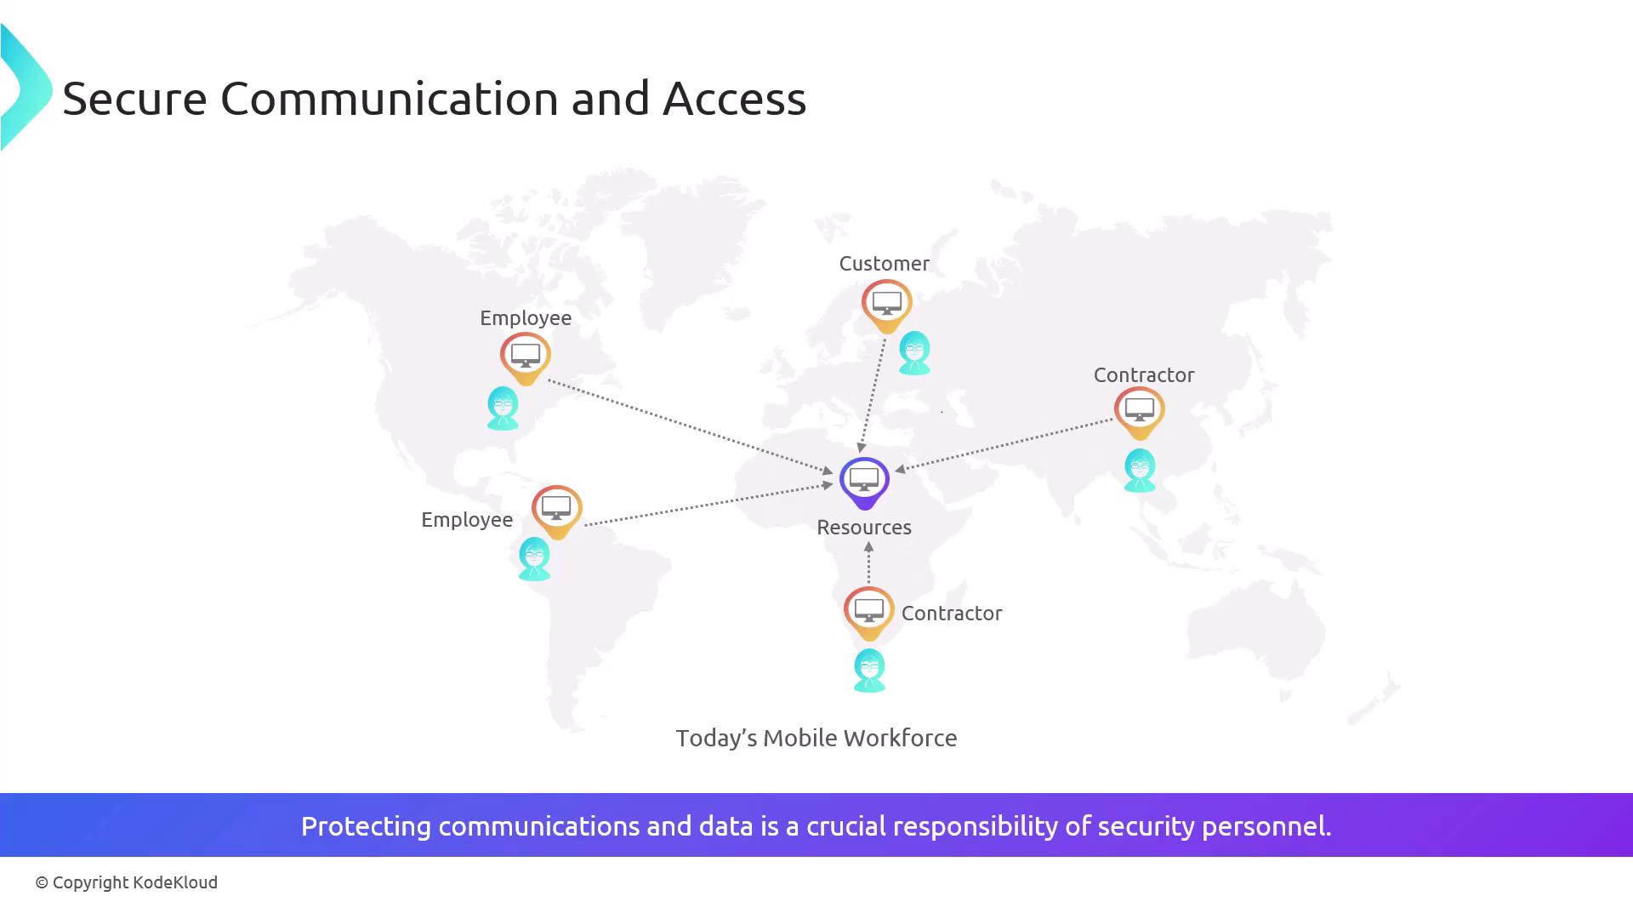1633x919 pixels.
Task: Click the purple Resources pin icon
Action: pyautogui.click(x=864, y=481)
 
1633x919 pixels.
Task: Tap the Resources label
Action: pyautogui.click(x=863, y=528)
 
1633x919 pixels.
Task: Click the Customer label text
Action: pyautogui.click(x=884, y=264)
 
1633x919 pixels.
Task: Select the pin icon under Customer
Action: pyautogui.click(x=886, y=304)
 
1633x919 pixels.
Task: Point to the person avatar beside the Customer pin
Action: pyautogui.click(x=914, y=352)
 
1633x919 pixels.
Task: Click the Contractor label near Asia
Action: pyautogui.click(x=1143, y=375)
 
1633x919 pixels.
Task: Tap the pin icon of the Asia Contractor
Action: pyautogui.click(x=1139, y=412)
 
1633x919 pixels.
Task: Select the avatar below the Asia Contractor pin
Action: pyautogui.click(x=1140, y=470)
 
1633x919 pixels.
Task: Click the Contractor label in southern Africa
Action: pyautogui.click(x=951, y=614)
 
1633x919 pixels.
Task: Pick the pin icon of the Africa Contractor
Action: pyautogui.click(x=868, y=612)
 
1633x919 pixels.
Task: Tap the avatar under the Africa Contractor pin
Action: pyautogui.click(x=869, y=670)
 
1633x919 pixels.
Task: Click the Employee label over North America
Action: pyautogui.click(x=525, y=318)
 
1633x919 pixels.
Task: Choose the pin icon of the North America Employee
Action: pyautogui.click(x=525, y=357)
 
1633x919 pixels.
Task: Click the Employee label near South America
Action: pyautogui.click(x=466, y=520)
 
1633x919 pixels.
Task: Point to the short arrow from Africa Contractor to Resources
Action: pyautogui.click(x=868, y=563)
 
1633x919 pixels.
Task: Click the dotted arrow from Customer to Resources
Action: pyautogui.click(x=873, y=391)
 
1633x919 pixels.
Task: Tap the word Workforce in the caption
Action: pyautogui.click(x=902, y=739)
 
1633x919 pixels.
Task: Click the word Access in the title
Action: pyautogui.click(x=733, y=99)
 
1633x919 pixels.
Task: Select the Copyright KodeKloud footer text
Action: pyautogui.click(x=127, y=882)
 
